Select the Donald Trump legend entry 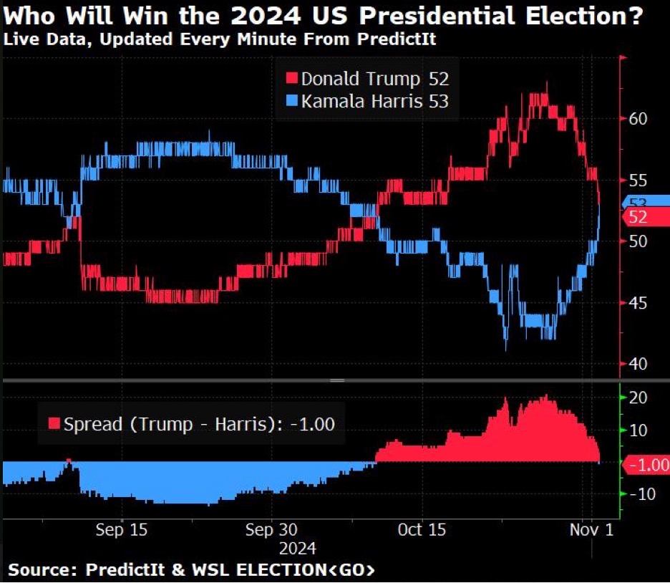coord(368,79)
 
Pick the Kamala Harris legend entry coord(368,102)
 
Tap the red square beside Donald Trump coord(291,79)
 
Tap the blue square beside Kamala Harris coord(291,102)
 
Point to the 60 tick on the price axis coord(639,119)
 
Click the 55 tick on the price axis coord(639,180)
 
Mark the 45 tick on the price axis coord(639,303)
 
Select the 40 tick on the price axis coord(639,364)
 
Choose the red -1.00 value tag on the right coord(646,464)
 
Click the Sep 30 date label coord(269,530)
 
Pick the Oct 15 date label coord(422,530)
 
